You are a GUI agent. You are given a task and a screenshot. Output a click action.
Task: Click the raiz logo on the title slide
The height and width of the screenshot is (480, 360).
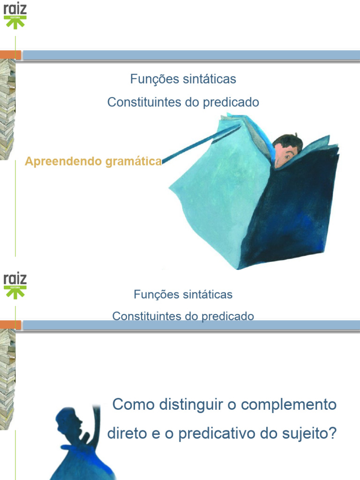[15, 15]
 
